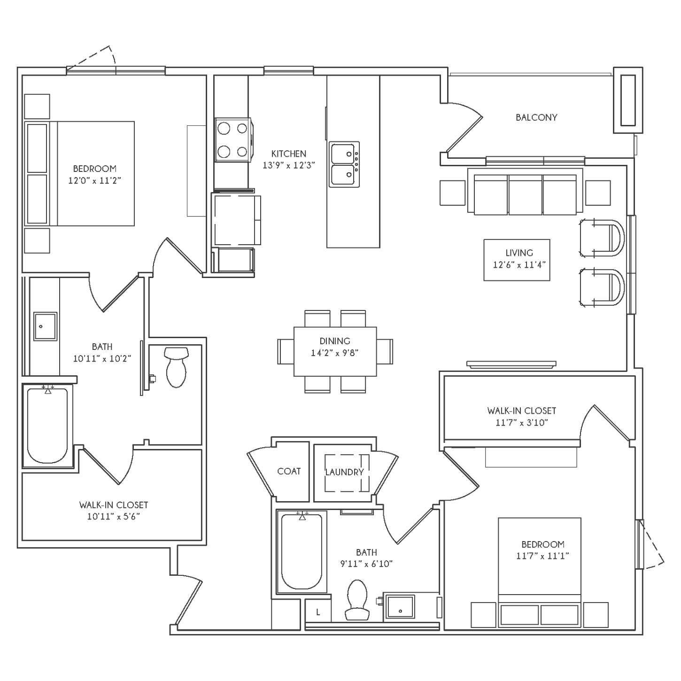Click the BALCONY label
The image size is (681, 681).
tap(536, 117)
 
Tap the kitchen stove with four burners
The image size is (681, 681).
tap(233, 140)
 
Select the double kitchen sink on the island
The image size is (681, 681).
tap(344, 164)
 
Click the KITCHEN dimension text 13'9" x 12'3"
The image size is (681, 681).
tap(289, 165)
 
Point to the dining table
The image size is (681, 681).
tap(335, 351)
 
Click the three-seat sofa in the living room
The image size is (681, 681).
tap(525, 191)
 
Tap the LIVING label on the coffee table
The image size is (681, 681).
tap(519, 253)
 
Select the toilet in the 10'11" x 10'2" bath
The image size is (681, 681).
tap(176, 367)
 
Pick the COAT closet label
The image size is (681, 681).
tap(289, 471)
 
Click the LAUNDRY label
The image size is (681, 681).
tap(344, 472)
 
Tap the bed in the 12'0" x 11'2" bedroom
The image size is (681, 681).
tap(79, 173)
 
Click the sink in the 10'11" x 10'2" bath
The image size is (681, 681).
tap(45, 326)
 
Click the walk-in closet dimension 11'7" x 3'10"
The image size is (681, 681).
tap(522, 422)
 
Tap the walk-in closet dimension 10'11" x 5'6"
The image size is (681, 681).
tap(114, 516)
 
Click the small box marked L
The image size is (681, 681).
tap(318, 612)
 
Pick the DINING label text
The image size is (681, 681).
tap(335, 341)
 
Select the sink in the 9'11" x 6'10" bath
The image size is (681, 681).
tap(400, 606)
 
